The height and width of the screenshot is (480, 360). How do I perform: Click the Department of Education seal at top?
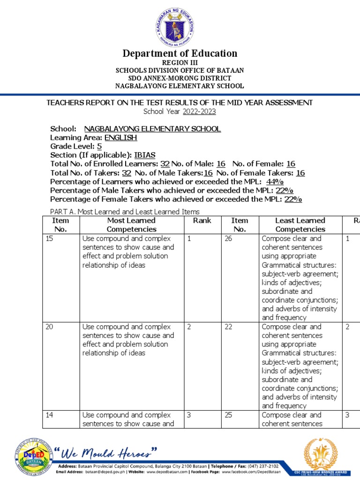click(180, 24)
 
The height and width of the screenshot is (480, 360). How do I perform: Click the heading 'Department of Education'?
click(180, 53)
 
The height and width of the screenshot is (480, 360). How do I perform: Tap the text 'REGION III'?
click(180, 62)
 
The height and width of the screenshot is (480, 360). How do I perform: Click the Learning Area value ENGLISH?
click(120, 138)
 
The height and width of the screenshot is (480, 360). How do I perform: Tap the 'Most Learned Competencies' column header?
click(131, 225)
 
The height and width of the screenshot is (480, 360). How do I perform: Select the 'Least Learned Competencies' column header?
click(300, 225)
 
